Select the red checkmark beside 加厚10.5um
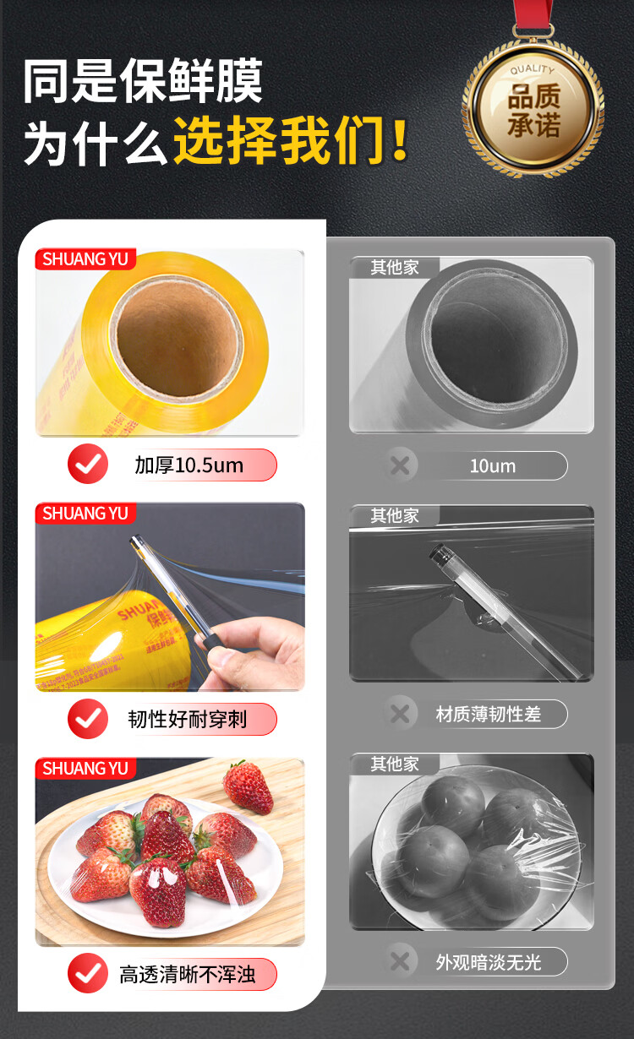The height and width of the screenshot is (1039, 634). pos(88,464)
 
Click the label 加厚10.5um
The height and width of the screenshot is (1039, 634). pos(189,465)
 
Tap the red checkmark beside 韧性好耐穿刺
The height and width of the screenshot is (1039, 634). pos(88,719)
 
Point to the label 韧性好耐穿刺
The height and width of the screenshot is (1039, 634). pos(188,719)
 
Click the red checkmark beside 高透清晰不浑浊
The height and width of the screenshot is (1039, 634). pos(88,974)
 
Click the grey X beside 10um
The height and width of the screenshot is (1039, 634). pos(401,465)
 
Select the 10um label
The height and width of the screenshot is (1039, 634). pos(492,465)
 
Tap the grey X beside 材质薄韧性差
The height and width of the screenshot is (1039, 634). pos(401,715)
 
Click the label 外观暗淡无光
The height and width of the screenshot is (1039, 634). pos(489,961)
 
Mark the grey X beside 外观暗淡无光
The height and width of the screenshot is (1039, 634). pos(401,961)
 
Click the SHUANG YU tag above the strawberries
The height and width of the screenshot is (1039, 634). pos(85,769)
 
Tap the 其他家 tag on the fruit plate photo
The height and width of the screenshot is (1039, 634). pos(394,764)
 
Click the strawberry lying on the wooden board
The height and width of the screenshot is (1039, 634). pos(248,787)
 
